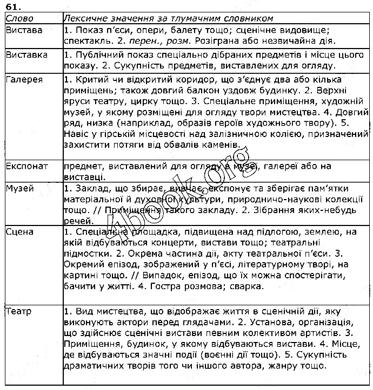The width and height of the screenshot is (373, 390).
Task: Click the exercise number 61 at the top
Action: click(x=14, y=6)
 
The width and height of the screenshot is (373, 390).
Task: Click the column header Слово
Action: click(x=19, y=18)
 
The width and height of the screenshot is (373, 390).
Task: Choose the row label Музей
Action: click(x=20, y=189)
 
